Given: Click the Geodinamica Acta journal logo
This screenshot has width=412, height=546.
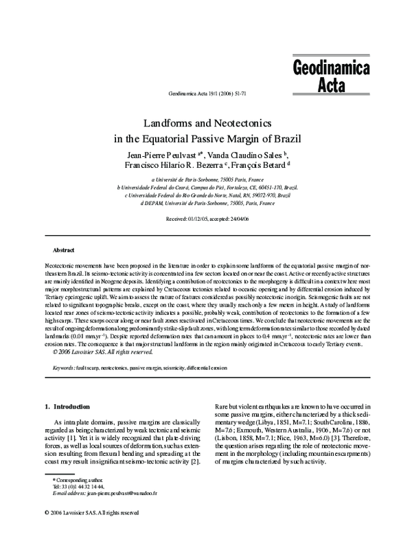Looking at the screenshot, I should pos(331,77).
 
